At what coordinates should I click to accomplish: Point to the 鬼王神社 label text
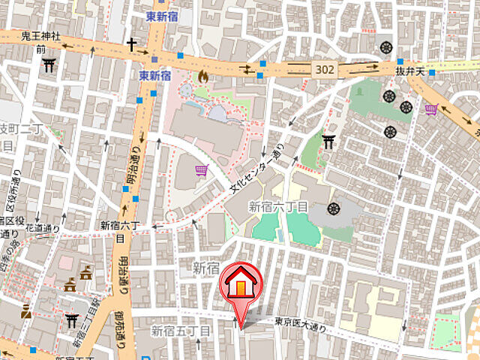pos(40,36)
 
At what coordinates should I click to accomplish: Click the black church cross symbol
pos(131,45)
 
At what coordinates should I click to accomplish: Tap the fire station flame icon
pos(203,76)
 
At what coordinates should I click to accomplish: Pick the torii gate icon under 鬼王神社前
pos(49,64)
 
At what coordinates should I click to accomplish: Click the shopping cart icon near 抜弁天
pos(431,110)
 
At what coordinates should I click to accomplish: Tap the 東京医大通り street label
pos(300,322)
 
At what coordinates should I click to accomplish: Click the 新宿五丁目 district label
pos(181,330)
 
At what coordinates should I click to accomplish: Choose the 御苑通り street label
pos(121,330)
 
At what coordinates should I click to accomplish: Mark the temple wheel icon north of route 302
pos(387,46)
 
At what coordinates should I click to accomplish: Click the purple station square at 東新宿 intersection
pos(154,59)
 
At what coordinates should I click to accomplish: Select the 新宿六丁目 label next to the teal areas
pos(278,206)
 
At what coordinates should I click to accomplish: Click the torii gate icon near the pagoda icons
pos(73,320)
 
